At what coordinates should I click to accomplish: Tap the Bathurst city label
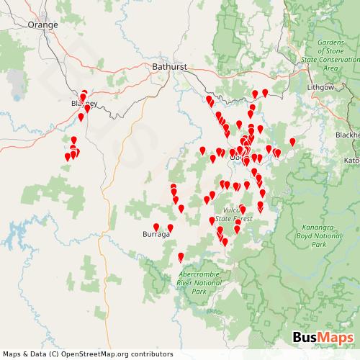pos(170,66)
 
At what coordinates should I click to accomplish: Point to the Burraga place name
pos(156,235)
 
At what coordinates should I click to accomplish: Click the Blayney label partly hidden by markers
pos(78,104)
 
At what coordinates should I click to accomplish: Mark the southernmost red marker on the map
pos(180,256)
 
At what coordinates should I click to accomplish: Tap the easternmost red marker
pos(292,141)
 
